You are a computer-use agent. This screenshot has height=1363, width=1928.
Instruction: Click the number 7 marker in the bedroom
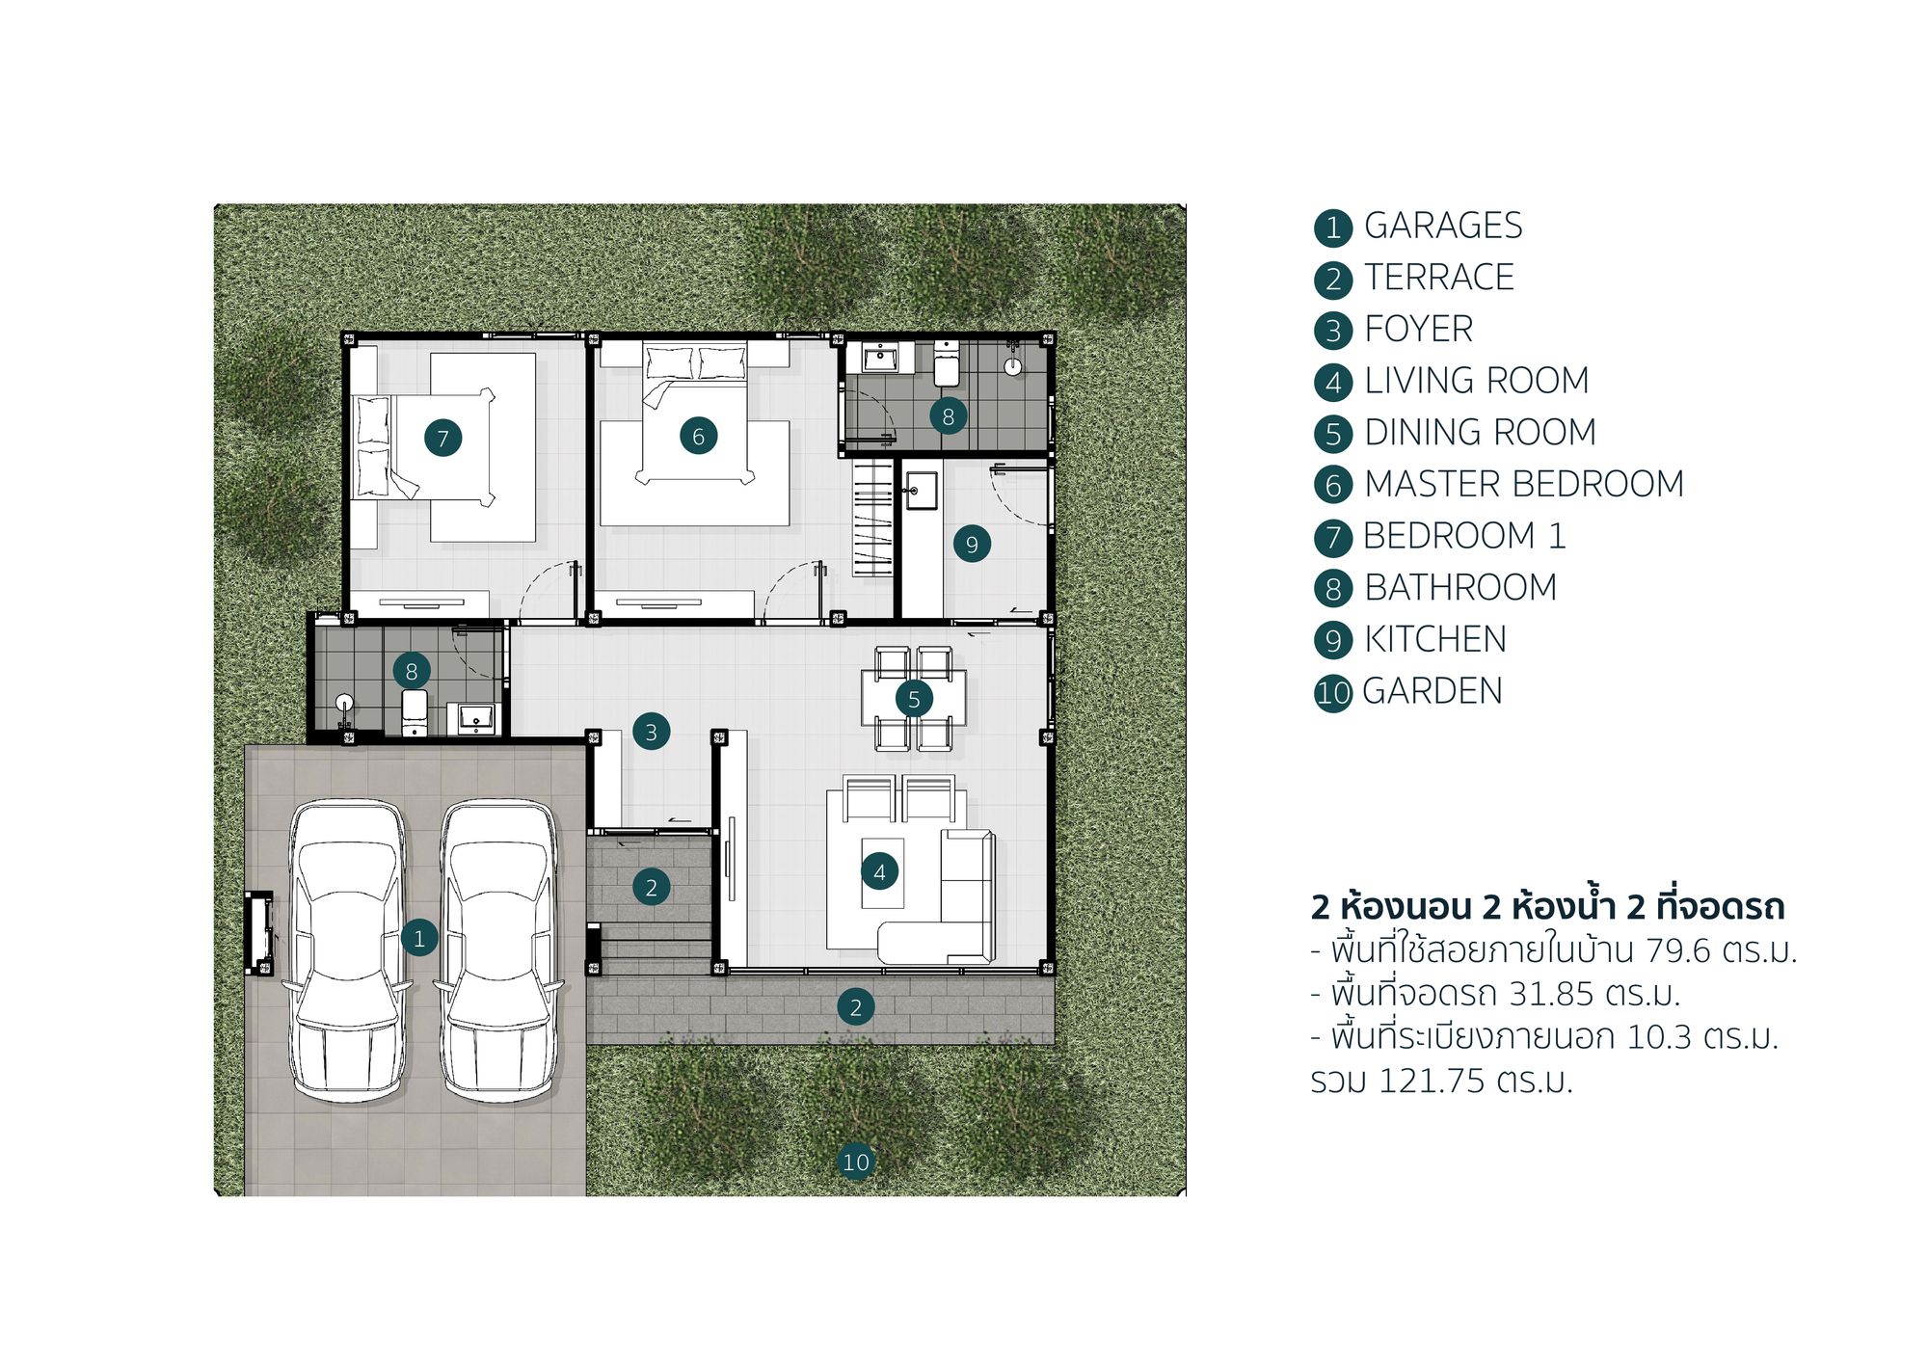[x=443, y=438]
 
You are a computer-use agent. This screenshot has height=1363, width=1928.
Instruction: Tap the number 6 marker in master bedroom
[x=699, y=436]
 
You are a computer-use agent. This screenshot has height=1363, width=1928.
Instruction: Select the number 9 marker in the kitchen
[x=972, y=545]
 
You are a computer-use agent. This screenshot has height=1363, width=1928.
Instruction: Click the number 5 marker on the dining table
[x=914, y=699]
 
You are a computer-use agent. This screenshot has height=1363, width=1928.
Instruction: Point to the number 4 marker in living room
[x=879, y=872]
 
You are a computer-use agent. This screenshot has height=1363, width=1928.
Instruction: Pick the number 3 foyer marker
[x=652, y=732]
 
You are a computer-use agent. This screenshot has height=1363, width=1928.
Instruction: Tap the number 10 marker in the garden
[x=856, y=1162]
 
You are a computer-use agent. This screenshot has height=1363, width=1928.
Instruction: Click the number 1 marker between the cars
[x=419, y=938]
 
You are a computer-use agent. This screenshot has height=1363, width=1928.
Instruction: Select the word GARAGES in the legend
[x=1443, y=226]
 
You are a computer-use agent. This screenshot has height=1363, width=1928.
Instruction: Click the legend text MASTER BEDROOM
[x=1524, y=484]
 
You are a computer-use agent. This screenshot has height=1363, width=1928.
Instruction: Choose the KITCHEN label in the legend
[x=1435, y=639]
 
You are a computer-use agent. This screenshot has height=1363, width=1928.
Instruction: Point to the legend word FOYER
[x=1419, y=330]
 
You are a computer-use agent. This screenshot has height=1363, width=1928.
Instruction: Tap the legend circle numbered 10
[x=1333, y=693]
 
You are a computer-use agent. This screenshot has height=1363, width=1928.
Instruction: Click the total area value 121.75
[x=1432, y=1081]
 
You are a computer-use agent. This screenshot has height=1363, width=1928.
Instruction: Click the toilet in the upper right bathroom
[x=947, y=363]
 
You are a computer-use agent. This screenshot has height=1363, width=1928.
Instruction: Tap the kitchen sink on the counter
[x=922, y=491]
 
